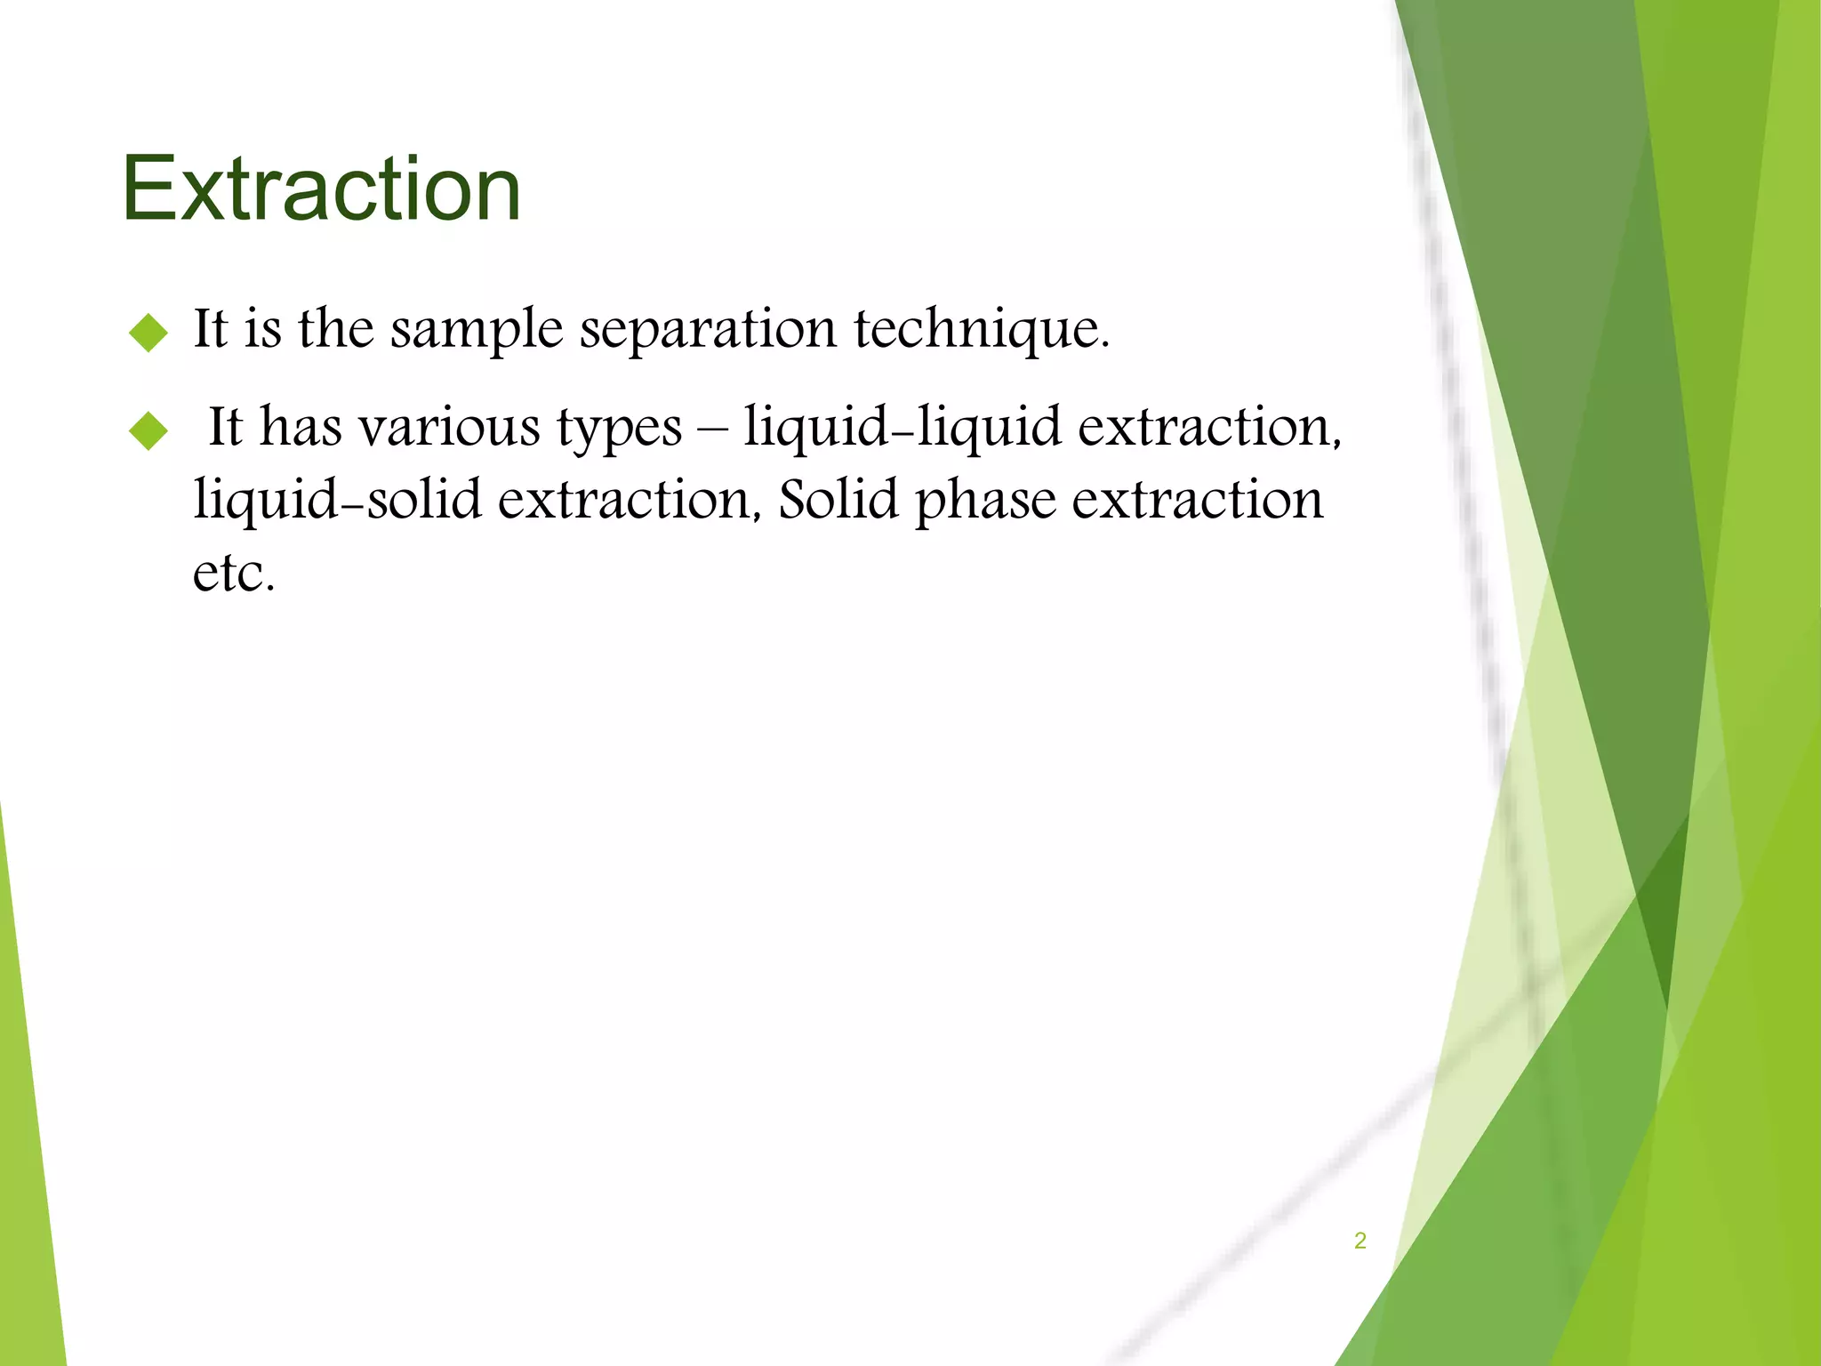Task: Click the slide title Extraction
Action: click(321, 189)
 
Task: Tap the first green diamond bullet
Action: click(148, 333)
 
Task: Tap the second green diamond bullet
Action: click(148, 431)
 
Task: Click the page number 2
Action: click(1360, 1241)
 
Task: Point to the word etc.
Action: click(233, 574)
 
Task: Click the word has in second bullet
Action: click(301, 427)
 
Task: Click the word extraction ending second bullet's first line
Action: click(1208, 427)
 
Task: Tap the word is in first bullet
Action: click(263, 328)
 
